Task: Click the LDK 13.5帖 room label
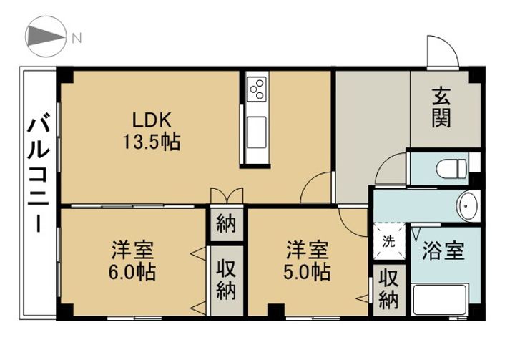(152, 130)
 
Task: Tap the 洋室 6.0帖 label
(132, 261)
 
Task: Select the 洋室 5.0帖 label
(307, 261)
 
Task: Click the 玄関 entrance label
(441, 107)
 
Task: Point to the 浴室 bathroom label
(443, 250)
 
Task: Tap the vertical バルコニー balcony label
(39, 172)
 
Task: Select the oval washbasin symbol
(469, 206)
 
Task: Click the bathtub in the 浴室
(440, 299)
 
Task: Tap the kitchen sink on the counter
(257, 132)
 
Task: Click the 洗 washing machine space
(389, 242)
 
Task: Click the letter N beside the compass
(77, 38)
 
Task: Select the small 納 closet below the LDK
(227, 225)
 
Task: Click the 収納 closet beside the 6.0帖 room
(227, 281)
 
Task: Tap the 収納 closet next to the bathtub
(389, 290)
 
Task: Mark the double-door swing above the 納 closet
(227, 195)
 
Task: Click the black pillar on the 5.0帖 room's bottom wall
(276, 311)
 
